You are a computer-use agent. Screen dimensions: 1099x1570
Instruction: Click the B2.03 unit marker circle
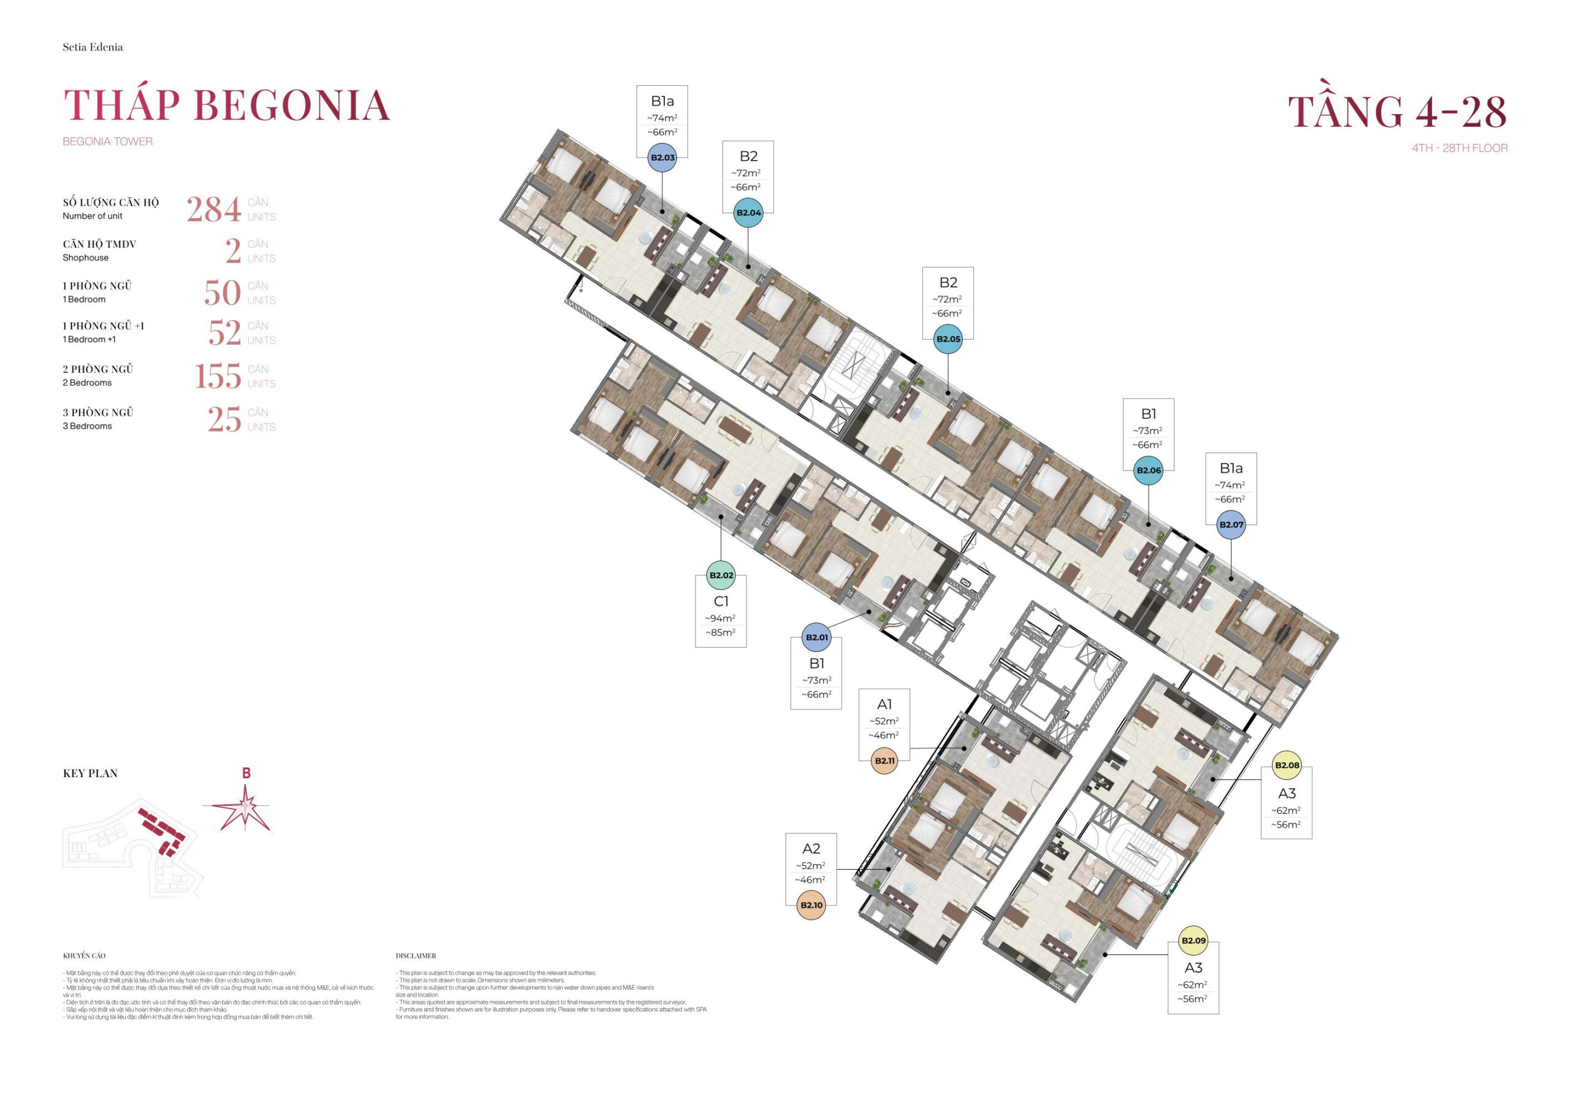click(662, 157)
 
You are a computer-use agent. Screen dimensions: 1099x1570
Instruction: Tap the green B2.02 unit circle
click(721, 575)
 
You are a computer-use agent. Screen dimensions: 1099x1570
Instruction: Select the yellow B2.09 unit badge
click(1193, 940)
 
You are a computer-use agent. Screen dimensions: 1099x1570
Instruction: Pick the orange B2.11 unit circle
click(884, 760)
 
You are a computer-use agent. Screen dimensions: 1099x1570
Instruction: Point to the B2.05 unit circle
click(948, 339)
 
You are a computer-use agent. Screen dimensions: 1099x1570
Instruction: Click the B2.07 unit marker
click(1231, 524)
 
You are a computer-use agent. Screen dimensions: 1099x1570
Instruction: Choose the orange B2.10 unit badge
click(811, 905)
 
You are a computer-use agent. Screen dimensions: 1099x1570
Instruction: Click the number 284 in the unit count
click(213, 209)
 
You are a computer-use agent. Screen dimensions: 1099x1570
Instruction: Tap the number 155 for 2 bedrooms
click(218, 376)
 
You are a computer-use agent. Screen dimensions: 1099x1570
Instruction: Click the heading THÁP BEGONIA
click(226, 106)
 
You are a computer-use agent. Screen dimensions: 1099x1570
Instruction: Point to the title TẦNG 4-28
click(1397, 112)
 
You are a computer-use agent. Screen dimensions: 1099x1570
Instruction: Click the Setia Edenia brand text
click(93, 47)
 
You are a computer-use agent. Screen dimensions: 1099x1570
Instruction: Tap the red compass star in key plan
click(244, 808)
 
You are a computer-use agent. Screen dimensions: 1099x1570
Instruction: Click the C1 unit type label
click(721, 601)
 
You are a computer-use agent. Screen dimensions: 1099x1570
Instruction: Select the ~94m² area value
click(720, 618)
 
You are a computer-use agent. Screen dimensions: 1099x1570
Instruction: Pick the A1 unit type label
click(884, 703)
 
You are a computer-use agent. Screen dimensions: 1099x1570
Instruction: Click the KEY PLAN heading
click(90, 773)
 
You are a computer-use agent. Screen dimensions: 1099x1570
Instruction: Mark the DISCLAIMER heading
click(415, 955)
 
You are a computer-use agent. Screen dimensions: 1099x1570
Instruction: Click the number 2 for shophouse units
click(232, 251)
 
